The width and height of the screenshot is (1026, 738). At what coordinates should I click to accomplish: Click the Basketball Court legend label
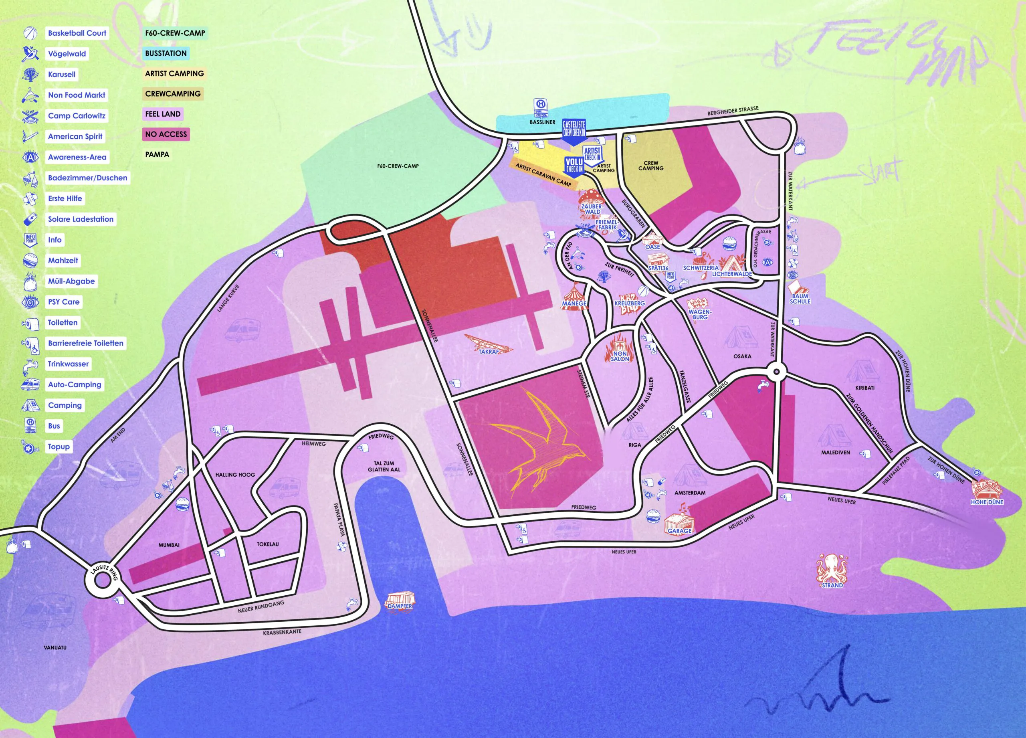[77, 33]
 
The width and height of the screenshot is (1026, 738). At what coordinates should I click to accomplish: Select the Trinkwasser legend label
[68, 364]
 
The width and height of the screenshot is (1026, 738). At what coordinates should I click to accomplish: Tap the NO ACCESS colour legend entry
[166, 134]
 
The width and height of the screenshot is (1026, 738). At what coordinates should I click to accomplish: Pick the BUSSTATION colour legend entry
[166, 53]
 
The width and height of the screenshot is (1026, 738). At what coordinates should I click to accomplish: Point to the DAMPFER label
[400, 605]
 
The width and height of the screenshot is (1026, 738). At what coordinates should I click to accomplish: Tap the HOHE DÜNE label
[987, 502]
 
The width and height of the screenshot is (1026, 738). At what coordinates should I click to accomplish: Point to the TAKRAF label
[488, 352]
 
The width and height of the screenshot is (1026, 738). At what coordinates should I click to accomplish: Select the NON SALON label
[620, 356]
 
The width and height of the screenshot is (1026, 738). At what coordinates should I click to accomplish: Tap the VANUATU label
[55, 647]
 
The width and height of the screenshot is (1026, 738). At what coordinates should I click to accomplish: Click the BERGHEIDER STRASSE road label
[733, 111]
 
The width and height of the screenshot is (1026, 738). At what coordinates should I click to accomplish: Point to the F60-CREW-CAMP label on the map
[398, 166]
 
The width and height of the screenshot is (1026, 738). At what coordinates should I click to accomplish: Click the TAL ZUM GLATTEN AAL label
[384, 466]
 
